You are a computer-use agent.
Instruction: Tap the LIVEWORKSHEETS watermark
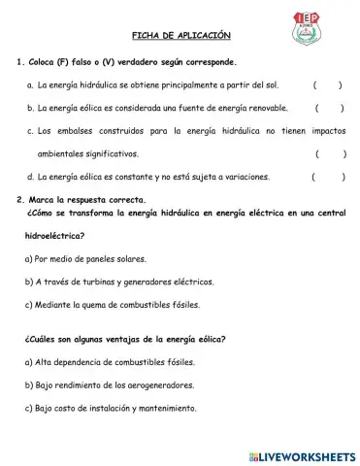point(296,454)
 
